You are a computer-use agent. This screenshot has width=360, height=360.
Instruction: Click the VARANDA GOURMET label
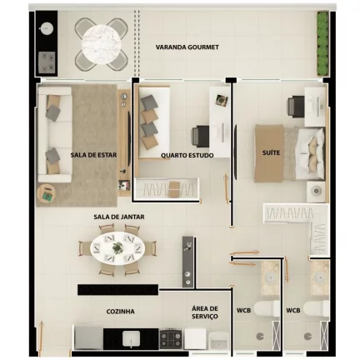tap(187, 47)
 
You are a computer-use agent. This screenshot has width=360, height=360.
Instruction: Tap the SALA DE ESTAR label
tap(92, 154)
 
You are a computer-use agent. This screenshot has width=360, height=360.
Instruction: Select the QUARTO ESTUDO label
tap(187, 155)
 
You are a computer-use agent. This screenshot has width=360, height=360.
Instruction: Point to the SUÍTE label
tap(271, 153)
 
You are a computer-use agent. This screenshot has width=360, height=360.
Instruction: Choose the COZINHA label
tap(120, 312)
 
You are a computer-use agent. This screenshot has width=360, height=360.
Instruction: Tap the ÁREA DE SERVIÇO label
tap(205, 312)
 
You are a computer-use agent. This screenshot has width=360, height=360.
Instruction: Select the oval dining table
tap(117, 247)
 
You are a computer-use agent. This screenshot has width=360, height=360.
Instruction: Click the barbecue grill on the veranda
tap(47, 61)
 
